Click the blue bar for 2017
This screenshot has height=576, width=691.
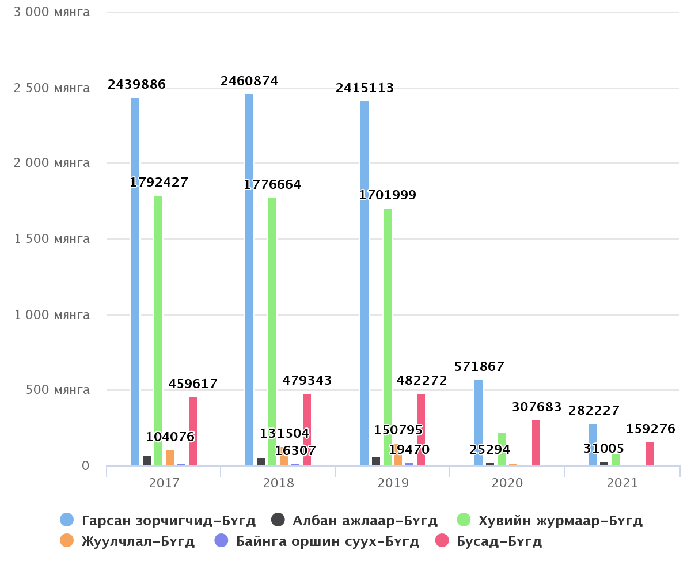[135, 282]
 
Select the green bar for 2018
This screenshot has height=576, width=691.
[272, 331]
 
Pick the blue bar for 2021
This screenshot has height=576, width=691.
[593, 445]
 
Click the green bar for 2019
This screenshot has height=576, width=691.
[388, 337]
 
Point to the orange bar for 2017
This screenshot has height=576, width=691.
[170, 458]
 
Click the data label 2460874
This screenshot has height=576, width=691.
[249, 81]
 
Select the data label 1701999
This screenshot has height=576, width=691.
[388, 195]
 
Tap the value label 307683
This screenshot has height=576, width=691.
[537, 407]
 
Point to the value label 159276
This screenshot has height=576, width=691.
[651, 429]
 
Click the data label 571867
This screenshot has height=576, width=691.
[480, 367]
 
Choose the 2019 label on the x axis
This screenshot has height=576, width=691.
[393, 483]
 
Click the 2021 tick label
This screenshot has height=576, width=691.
[622, 483]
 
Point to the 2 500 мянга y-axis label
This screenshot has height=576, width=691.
[52, 88]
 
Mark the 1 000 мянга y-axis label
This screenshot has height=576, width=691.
[52, 315]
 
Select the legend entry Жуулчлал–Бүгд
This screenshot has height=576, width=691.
[138, 541]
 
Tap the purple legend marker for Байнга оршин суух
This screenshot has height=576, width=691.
[222, 541]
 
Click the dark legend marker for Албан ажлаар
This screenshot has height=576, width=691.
[279, 520]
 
